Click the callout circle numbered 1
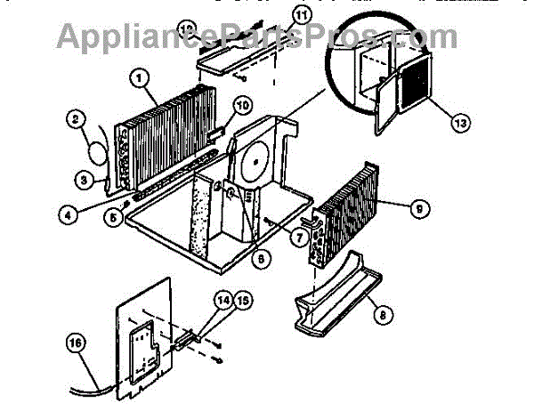coord(141,77)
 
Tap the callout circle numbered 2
coord(77,117)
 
